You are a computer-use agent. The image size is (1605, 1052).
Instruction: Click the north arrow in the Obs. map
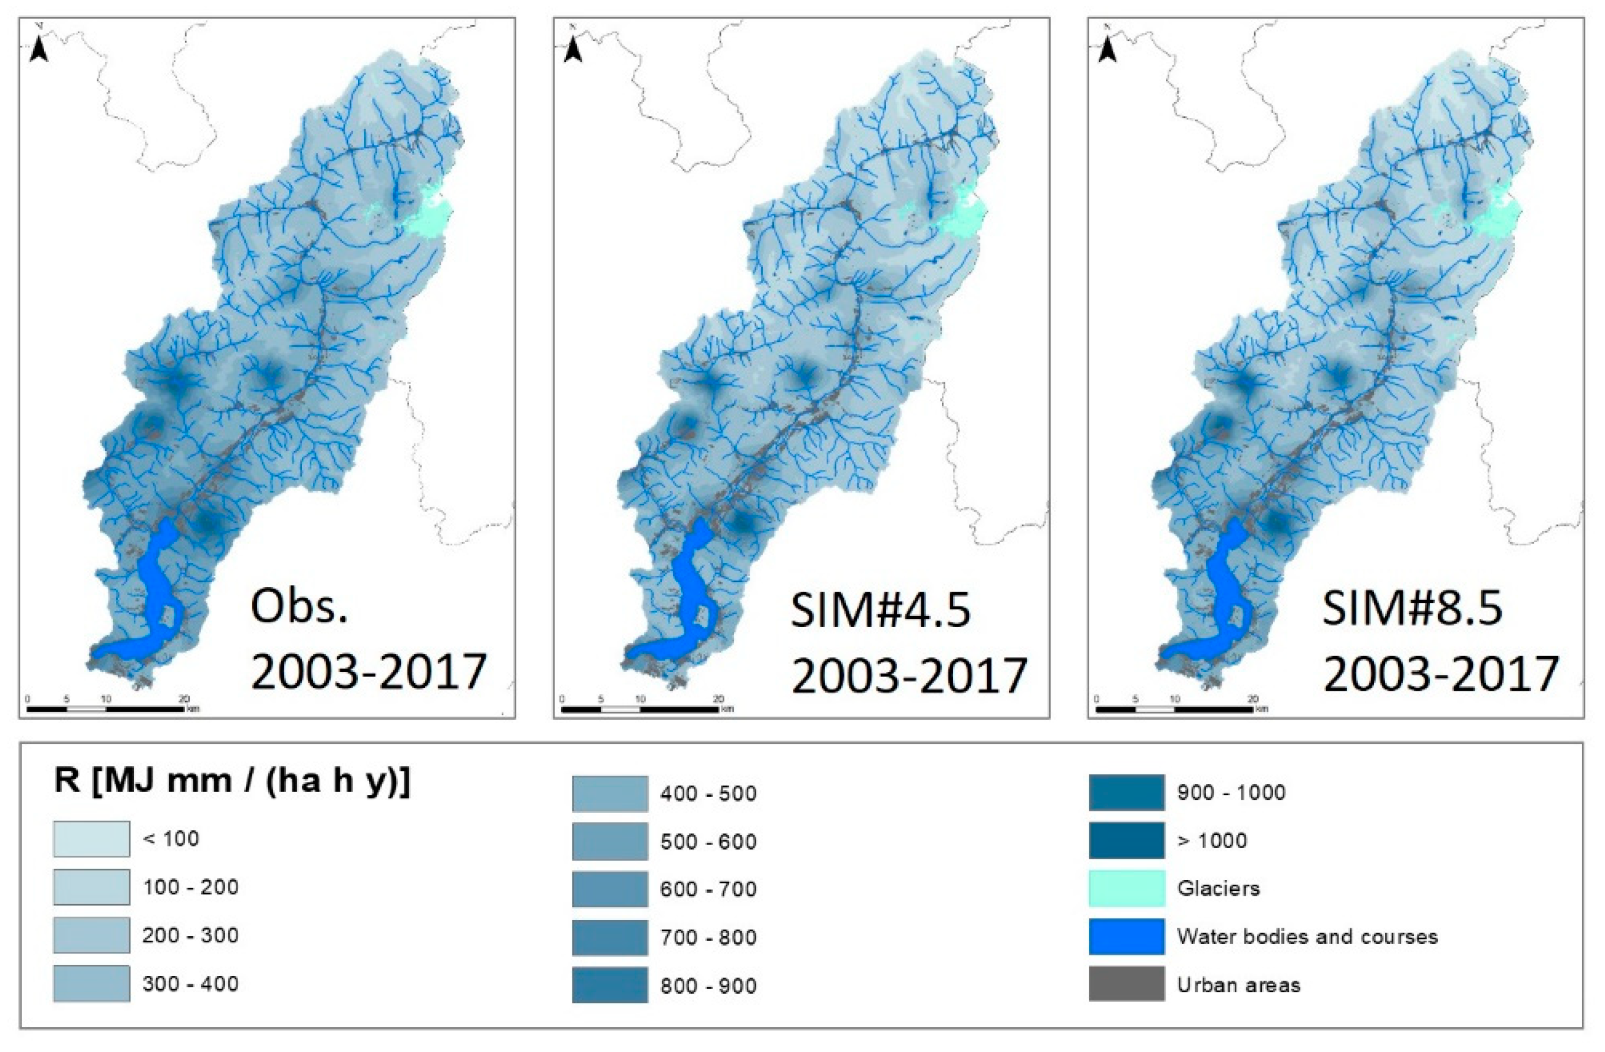click(x=39, y=48)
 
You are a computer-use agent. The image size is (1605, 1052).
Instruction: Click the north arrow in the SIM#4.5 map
click(x=573, y=48)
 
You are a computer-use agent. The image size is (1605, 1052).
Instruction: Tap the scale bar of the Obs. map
click(x=107, y=709)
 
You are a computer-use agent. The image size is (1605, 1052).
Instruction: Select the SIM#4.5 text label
click(x=881, y=611)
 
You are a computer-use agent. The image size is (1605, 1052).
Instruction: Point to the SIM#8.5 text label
click(x=1412, y=607)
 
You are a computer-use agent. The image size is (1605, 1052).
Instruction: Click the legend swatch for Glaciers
click(x=1127, y=888)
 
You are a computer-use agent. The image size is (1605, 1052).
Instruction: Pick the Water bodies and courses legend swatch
click(x=1127, y=936)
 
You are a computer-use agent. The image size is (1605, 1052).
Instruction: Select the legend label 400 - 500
click(x=708, y=793)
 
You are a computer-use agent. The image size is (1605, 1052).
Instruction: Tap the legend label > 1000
click(x=1212, y=840)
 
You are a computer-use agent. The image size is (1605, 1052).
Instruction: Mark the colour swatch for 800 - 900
click(x=609, y=985)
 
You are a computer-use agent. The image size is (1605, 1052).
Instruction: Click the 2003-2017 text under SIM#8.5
click(x=1441, y=671)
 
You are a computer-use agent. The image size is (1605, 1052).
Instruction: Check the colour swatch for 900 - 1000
click(x=1127, y=792)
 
